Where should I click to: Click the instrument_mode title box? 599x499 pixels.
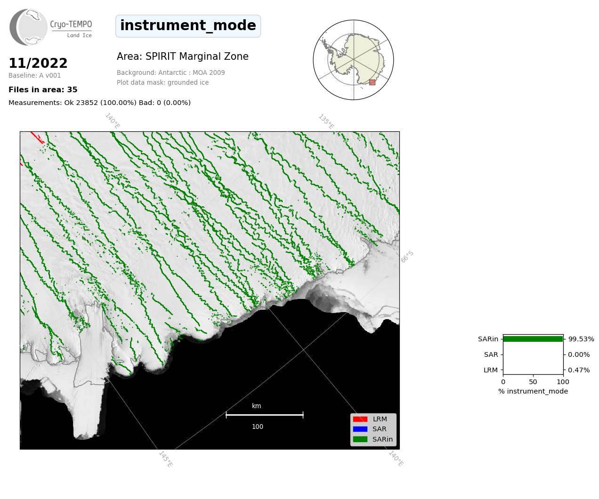click(x=188, y=26)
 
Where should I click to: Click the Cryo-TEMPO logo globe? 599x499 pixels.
click(x=28, y=27)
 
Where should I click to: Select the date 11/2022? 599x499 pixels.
click(x=38, y=63)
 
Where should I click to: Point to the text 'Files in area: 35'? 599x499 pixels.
click(x=43, y=90)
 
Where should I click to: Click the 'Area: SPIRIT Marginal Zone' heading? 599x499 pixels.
click(x=182, y=56)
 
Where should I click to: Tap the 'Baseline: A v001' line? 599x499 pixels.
click(x=35, y=75)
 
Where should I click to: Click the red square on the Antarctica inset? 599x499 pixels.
click(x=372, y=82)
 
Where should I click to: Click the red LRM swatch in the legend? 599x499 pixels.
click(x=360, y=419)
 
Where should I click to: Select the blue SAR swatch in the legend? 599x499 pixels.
click(x=360, y=429)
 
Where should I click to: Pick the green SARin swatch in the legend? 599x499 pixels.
click(x=360, y=439)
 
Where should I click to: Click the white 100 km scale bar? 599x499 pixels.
click(x=265, y=415)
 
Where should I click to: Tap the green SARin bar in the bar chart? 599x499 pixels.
click(x=533, y=339)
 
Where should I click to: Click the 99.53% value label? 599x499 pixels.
click(x=581, y=339)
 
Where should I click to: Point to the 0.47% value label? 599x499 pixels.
click(x=579, y=370)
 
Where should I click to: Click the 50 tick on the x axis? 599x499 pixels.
click(x=533, y=382)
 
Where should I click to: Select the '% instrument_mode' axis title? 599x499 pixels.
click(x=533, y=392)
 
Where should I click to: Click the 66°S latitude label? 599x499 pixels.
click(x=407, y=257)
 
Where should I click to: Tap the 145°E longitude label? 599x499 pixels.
click(x=166, y=459)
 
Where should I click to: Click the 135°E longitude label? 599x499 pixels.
click(x=326, y=121)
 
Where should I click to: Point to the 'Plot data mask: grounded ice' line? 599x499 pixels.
click(x=162, y=82)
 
